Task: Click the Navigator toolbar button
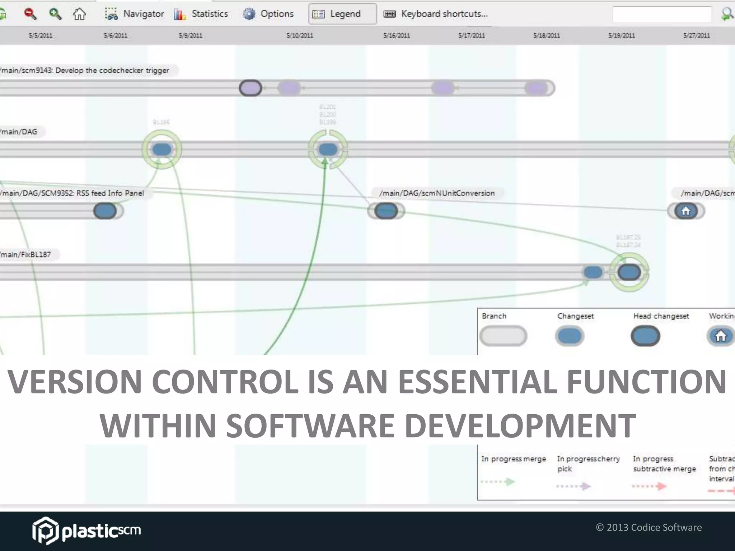click(135, 14)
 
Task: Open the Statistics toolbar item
click(201, 14)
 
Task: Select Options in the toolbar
click(268, 14)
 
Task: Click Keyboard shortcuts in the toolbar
click(436, 14)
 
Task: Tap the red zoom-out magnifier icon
click(30, 14)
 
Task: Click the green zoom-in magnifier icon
click(55, 14)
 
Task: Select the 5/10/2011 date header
click(300, 36)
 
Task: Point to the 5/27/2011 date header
click(696, 36)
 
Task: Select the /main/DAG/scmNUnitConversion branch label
click(437, 193)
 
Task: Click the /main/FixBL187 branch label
click(26, 254)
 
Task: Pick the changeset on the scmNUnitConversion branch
click(386, 211)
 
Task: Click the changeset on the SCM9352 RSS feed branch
click(105, 211)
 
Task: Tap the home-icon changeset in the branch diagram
click(685, 211)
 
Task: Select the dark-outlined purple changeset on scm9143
click(251, 88)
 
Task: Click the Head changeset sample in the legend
click(645, 336)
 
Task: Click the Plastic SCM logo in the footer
click(86, 531)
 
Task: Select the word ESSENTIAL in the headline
click(477, 381)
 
